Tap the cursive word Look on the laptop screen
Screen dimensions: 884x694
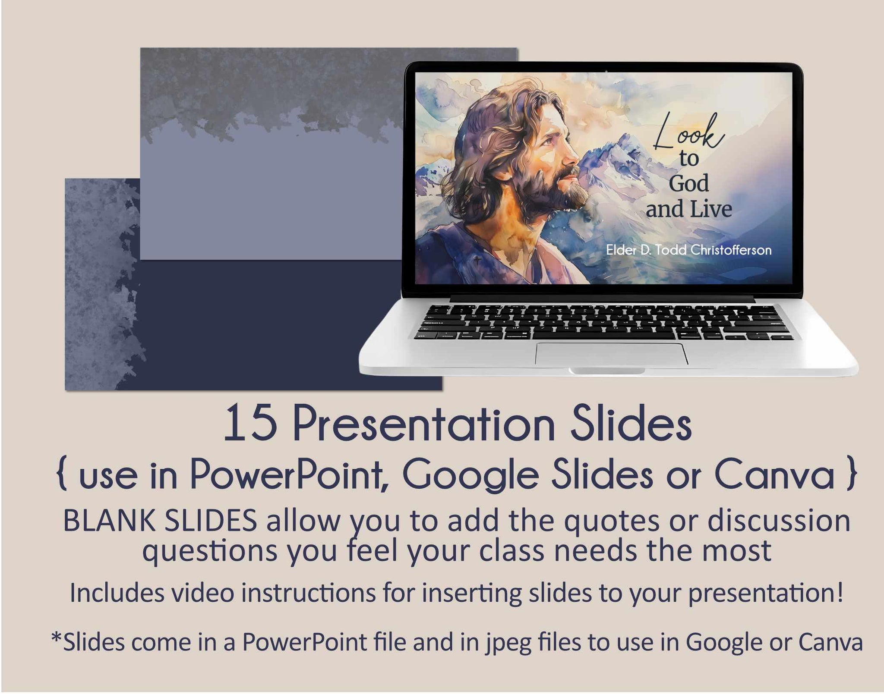point(688,131)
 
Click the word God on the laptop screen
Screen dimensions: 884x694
point(689,183)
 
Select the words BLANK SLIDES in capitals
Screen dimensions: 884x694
point(161,521)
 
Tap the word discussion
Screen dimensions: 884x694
point(778,521)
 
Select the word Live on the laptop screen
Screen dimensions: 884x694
point(710,209)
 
